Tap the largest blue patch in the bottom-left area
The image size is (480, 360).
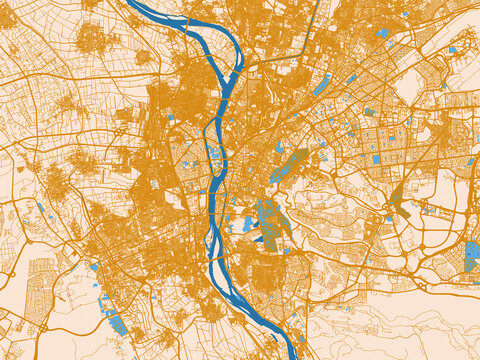click(x=118, y=323)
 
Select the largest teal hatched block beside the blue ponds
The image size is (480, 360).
click(x=268, y=213)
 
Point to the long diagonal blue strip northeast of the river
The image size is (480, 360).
click(x=322, y=85)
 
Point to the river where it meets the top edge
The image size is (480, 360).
click(x=140, y=4)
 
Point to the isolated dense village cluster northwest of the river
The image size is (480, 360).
click(x=92, y=39)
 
